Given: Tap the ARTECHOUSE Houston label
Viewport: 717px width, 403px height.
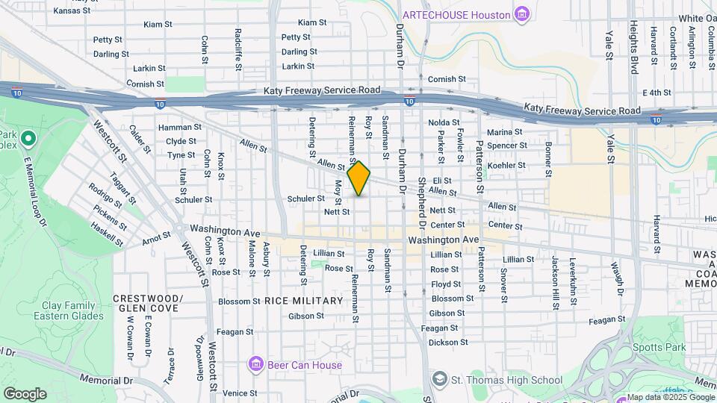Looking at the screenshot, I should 456,15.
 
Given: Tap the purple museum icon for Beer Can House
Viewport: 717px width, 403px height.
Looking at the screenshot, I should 256,364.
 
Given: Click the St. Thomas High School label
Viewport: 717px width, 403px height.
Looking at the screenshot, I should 507,381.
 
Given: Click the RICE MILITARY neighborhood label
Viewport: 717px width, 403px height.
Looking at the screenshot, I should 303,301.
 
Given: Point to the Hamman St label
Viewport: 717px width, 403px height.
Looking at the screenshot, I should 179,128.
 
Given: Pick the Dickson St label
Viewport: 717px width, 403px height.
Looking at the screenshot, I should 449,343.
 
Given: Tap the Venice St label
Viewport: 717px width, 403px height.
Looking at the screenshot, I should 239,393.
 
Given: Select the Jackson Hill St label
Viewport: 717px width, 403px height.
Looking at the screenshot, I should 555,274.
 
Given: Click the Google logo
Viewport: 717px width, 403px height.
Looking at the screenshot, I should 25,394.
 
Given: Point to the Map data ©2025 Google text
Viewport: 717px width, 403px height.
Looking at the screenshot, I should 669,398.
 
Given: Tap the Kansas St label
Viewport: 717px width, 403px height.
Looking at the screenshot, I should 72,10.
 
